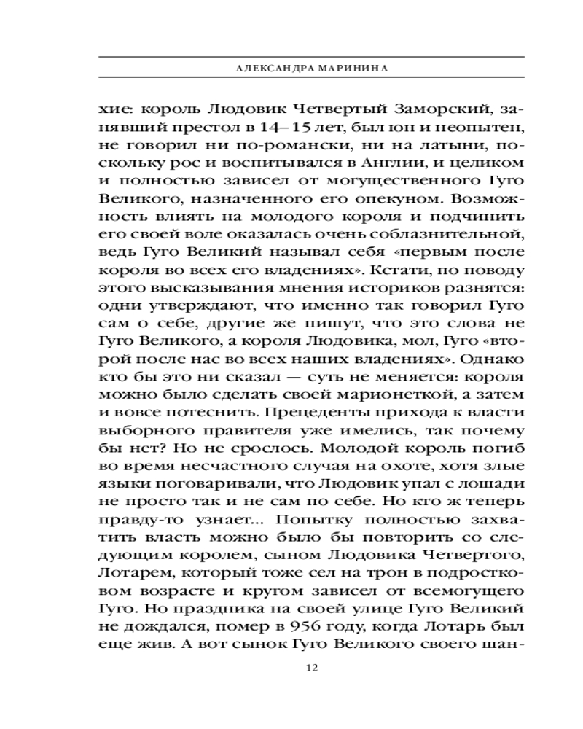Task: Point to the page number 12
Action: tap(312, 668)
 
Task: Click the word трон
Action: tap(332, 565)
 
